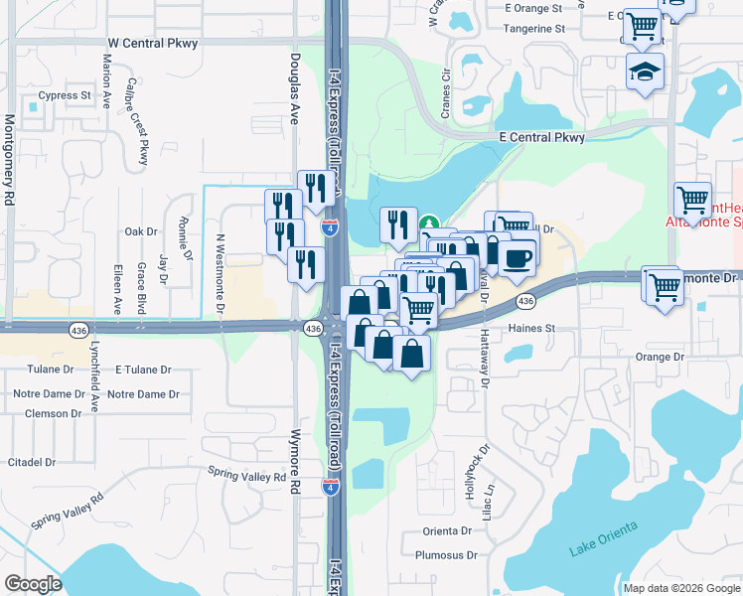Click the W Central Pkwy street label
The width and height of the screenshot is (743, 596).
click(152, 44)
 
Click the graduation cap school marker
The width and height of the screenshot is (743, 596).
click(645, 72)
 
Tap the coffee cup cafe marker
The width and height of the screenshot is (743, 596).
click(517, 259)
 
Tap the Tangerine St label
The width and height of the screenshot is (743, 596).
click(533, 29)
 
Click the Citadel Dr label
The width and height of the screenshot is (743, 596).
click(31, 462)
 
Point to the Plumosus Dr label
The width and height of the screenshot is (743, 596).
click(447, 556)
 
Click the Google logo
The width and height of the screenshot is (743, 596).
click(34, 584)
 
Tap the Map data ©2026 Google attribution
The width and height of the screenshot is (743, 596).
click(680, 588)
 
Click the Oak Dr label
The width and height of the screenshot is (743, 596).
click(141, 231)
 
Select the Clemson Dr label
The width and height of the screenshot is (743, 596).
click(40, 413)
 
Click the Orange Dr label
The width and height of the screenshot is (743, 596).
click(661, 357)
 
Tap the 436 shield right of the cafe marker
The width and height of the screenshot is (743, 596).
click(526, 300)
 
